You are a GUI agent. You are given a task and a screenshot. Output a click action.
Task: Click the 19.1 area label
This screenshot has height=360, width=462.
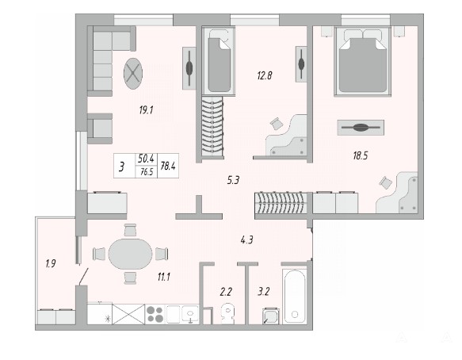(x=146, y=110)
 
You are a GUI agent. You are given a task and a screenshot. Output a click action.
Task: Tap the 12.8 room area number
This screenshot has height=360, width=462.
(x=265, y=76)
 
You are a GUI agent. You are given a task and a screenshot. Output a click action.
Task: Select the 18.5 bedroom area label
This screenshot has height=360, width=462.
(x=361, y=155)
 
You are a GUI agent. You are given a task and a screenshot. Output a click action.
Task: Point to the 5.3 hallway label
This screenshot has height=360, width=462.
(x=233, y=180)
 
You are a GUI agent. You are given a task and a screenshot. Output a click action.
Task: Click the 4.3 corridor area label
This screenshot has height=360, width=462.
(x=247, y=240)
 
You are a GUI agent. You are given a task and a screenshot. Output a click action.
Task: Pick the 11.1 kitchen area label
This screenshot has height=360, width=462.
(x=163, y=277)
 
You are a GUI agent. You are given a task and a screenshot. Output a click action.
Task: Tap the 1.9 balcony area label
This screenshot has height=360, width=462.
(x=51, y=263)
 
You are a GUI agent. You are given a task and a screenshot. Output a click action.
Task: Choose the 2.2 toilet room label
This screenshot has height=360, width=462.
(x=226, y=292)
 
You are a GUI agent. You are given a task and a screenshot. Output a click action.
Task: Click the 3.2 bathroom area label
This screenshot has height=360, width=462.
(x=264, y=292)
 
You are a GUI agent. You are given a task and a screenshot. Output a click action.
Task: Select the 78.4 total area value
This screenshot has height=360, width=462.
(x=168, y=166)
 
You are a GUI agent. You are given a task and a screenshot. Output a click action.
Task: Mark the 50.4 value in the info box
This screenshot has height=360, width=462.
(x=146, y=159)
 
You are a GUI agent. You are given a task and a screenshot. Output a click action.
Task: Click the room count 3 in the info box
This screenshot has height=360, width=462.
(x=122, y=167)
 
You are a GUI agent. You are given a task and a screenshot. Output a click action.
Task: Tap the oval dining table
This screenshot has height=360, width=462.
(x=130, y=254)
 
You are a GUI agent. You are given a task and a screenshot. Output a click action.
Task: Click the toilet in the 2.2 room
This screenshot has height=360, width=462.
(x=227, y=313)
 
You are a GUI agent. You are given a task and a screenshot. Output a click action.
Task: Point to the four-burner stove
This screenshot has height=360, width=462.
(x=155, y=314)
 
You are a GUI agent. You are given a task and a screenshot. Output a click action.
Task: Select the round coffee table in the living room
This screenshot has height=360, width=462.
(x=133, y=74)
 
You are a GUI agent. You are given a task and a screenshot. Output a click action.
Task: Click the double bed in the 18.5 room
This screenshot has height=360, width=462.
(x=362, y=61)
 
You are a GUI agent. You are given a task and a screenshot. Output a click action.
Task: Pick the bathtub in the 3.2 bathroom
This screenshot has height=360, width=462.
(x=295, y=297)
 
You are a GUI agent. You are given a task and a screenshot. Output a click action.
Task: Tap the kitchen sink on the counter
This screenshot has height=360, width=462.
(x=190, y=314)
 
